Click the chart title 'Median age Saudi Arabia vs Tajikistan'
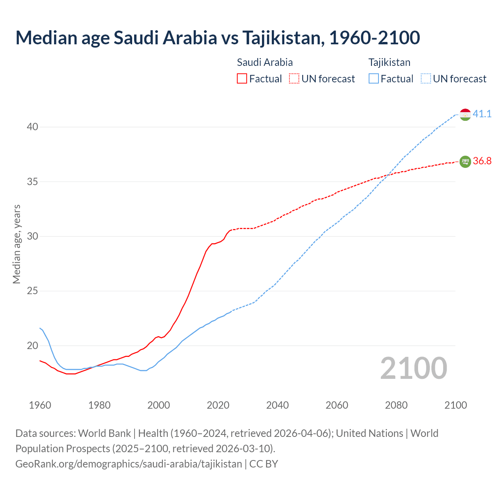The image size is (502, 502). [x=218, y=38]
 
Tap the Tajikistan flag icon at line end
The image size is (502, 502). [x=465, y=114]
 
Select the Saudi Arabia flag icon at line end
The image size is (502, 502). [x=465, y=161]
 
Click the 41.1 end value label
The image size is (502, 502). [x=482, y=114]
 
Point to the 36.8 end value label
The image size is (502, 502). [x=482, y=161]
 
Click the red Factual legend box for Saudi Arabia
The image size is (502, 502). [x=242, y=79]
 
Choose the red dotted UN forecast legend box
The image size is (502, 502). [x=294, y=79]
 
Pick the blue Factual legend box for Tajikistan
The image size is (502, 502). [x=374, y=79]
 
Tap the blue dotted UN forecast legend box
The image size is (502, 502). [x=426, y=79]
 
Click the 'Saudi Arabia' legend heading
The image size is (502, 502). [x=265, y=62]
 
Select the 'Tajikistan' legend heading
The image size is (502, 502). [x=389, y=62]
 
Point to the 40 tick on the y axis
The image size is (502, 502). [x=33, y=127]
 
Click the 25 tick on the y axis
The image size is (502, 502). [x=33, y=291]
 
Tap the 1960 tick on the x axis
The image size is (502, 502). [x=40, y=405]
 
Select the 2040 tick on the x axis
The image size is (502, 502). [x=277, y=405]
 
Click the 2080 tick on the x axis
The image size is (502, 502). [x=396, y=405]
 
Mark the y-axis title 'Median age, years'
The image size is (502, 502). [x=16, y=244]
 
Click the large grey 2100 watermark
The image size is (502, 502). [x=413, y=368]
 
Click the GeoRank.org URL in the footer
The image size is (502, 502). [x=129, y=464]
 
